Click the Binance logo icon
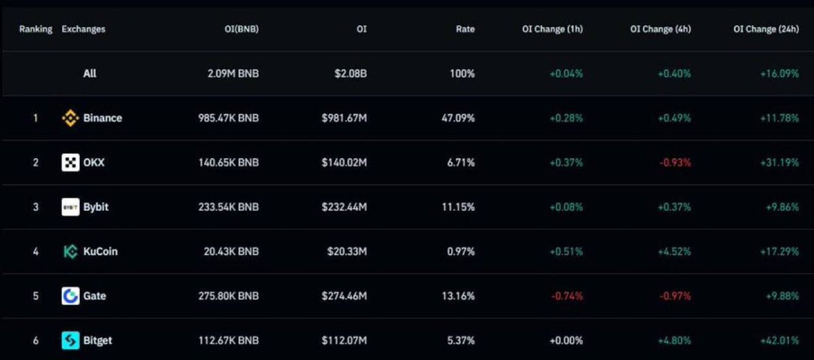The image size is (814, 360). (71, 118)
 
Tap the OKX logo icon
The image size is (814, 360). (71, 163)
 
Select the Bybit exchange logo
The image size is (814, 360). (71, 207)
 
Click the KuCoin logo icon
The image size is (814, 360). (71, 252)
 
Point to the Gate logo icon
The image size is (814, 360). (71, 296)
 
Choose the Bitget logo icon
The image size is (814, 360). (71, 340)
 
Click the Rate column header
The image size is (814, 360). (465, 29)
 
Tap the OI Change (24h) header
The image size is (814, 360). (766, 29)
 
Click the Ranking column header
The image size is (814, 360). (35, 29)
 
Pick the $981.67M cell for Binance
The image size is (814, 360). (344, 118)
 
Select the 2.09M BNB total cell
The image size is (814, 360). (233, 73)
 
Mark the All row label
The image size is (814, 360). (90, 73)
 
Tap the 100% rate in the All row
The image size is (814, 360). (462, 73)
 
